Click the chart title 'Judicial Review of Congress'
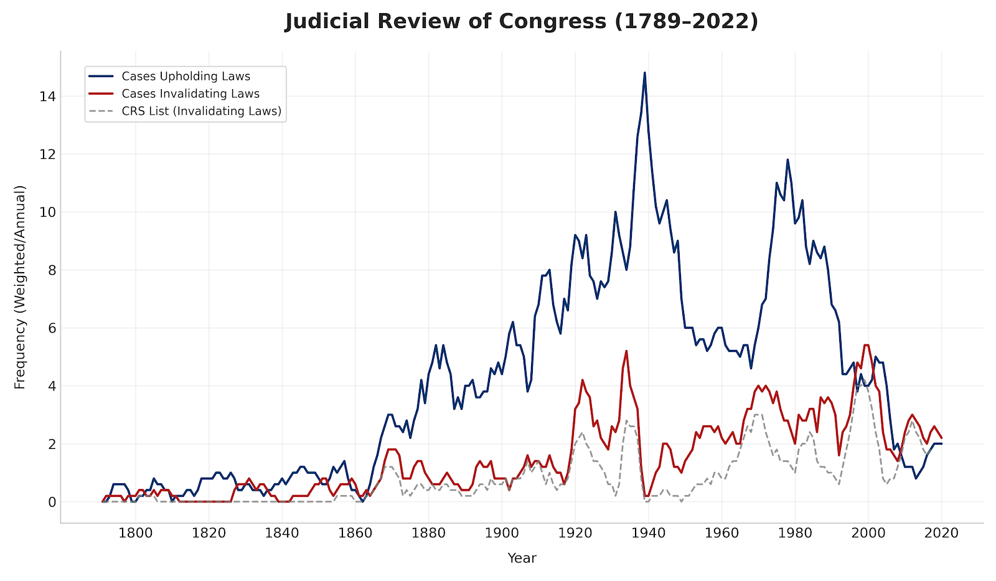522,22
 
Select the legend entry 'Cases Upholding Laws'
186,77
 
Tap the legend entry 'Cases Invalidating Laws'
190,94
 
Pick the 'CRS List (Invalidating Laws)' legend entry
202,111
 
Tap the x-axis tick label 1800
136,533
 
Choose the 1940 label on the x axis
648,533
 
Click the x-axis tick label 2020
941,533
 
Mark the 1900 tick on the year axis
502,533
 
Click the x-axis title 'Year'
522,559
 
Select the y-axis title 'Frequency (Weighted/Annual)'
20,287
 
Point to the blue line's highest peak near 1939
644,73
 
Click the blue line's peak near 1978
787,160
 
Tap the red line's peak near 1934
626,351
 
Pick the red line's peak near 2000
866,345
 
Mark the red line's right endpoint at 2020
941,438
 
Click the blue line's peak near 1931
615,212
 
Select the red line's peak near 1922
582,380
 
